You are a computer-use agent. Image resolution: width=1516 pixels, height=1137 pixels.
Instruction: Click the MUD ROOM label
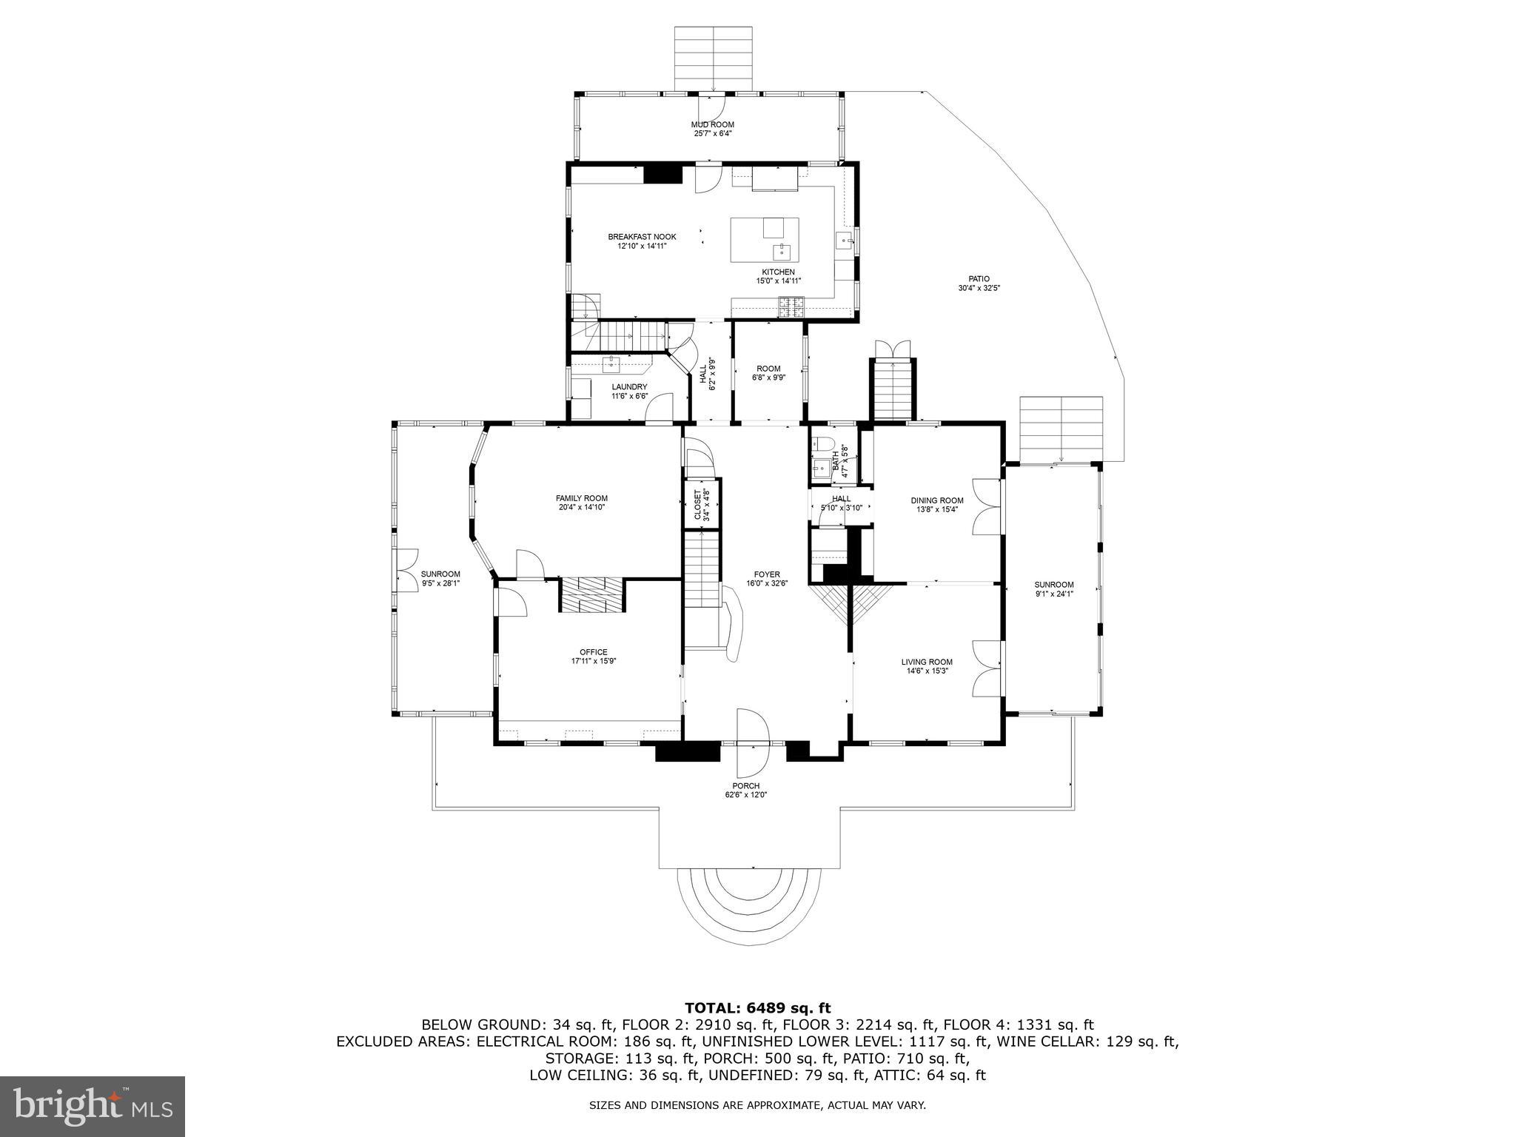pos(712,124)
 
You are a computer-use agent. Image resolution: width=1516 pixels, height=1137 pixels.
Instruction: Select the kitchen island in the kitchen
pos(764,239)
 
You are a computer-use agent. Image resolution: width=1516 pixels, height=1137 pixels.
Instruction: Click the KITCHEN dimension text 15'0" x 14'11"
pos(779,281)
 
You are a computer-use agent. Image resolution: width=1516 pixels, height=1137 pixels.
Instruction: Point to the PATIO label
pos(979,279)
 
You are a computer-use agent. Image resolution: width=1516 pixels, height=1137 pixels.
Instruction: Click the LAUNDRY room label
pos(629,386)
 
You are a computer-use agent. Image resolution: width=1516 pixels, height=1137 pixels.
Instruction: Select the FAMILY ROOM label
pos(581,498)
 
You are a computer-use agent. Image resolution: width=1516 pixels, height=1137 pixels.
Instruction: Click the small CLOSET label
pos(697,505)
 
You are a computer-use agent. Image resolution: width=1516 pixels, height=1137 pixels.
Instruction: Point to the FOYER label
pos(766,574)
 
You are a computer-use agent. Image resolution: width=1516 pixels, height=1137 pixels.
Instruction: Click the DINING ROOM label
pos(936,500)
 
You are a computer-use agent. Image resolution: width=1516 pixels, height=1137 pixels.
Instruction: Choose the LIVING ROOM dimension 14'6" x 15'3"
pos(926,671)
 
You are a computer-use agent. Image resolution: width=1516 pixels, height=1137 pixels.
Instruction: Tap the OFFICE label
pos(593,652)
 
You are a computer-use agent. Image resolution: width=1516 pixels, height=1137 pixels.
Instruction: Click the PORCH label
pos(745,786)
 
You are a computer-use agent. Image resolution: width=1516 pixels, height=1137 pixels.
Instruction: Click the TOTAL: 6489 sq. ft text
pos(757,1007)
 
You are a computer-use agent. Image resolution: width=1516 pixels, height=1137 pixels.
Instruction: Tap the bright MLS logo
pos(93,1106)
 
